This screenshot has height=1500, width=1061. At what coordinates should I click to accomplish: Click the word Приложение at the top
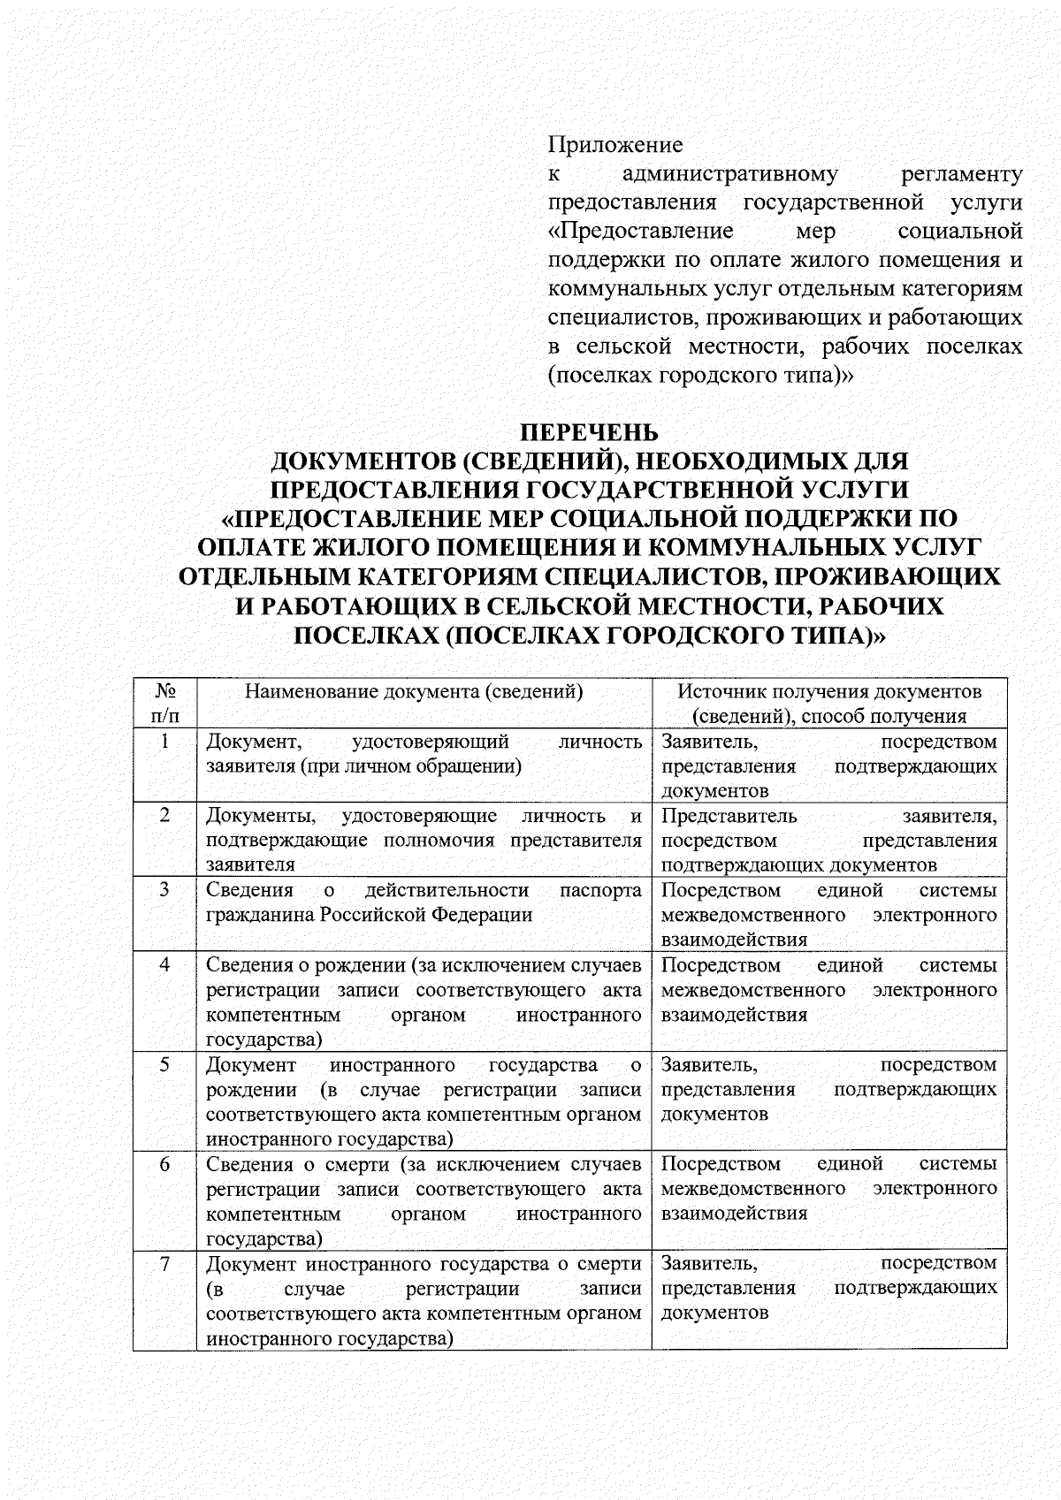(615, 144)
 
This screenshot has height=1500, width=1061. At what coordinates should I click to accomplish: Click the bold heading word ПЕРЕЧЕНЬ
(588, 432)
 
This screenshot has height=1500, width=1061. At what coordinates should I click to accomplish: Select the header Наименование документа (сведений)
(414, 691)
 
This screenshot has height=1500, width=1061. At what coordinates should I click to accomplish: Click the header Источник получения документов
(828, 691)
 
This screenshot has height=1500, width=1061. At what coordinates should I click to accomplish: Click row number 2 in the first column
(164, 815)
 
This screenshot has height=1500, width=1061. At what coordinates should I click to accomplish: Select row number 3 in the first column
(164, 889)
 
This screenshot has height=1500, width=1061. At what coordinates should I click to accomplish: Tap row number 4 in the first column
(164, 964)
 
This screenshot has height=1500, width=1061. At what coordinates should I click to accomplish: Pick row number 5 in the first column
(164, 1064)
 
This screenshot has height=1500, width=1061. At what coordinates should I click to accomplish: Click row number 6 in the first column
(164, 1164)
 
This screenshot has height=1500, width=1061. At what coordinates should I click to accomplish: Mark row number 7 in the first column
(164, 1263)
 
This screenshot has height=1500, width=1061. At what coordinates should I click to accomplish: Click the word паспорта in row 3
(600, 890)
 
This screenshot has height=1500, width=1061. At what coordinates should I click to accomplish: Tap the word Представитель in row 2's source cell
(729, 816)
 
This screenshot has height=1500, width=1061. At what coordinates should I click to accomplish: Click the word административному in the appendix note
(729, 173)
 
